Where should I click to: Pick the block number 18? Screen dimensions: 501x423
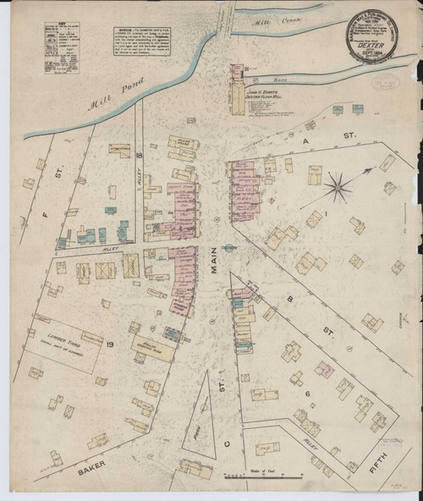137,157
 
